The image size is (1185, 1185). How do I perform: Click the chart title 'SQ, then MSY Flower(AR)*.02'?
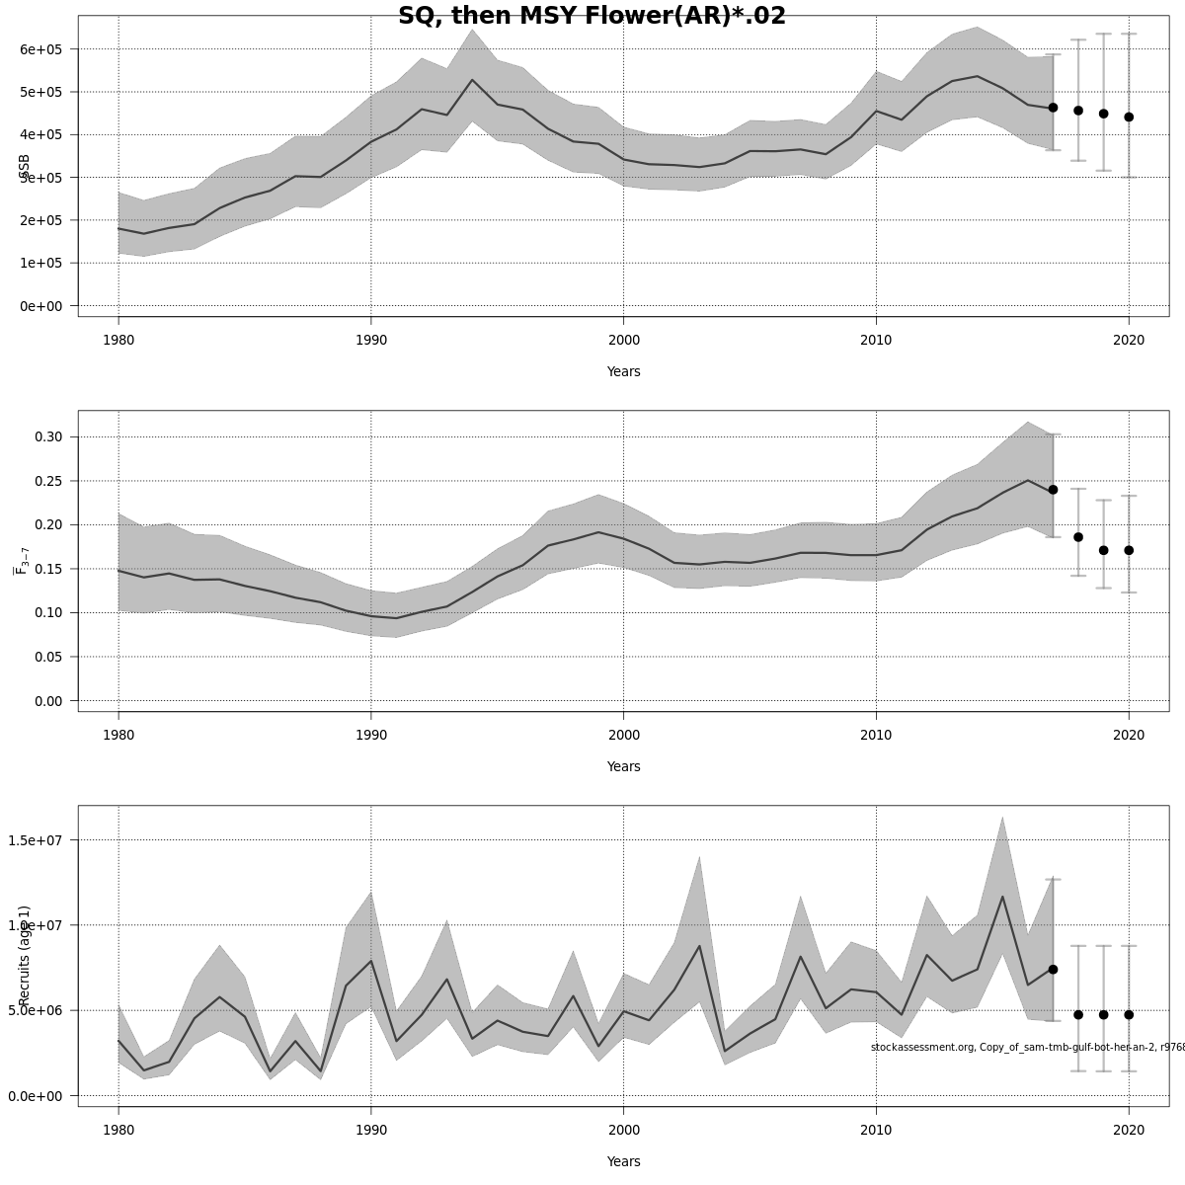tap(592, 16)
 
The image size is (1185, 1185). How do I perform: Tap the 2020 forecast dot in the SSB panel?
tap(1129, 117)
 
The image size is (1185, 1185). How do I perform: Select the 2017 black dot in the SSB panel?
tap(1053, 108)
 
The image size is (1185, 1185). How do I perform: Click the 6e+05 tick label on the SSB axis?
tap(40, 49)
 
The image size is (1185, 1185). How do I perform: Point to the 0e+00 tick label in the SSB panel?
tap(40, 306)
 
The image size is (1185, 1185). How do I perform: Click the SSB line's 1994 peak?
tap(472, 80)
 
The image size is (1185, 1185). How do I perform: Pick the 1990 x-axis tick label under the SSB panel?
tap(370, 341)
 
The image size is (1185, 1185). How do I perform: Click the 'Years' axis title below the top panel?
tap(623, 372)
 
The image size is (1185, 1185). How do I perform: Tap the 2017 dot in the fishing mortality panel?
tap(1053, 490)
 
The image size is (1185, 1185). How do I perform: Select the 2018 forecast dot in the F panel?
tap(1078, 537)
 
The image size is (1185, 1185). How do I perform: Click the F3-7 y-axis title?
tap(22, 561)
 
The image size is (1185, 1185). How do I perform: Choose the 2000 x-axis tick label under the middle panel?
tap(623, 736)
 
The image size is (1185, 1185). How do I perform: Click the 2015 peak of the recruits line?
tap(1002, 897)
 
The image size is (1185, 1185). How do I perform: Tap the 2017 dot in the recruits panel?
tap(1053, 970)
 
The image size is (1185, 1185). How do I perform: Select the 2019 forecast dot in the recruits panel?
tap(1103, 1014)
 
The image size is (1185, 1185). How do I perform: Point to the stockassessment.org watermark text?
tap(1027, 1047)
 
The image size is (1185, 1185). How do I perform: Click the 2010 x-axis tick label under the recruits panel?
tap(876, 1131)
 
